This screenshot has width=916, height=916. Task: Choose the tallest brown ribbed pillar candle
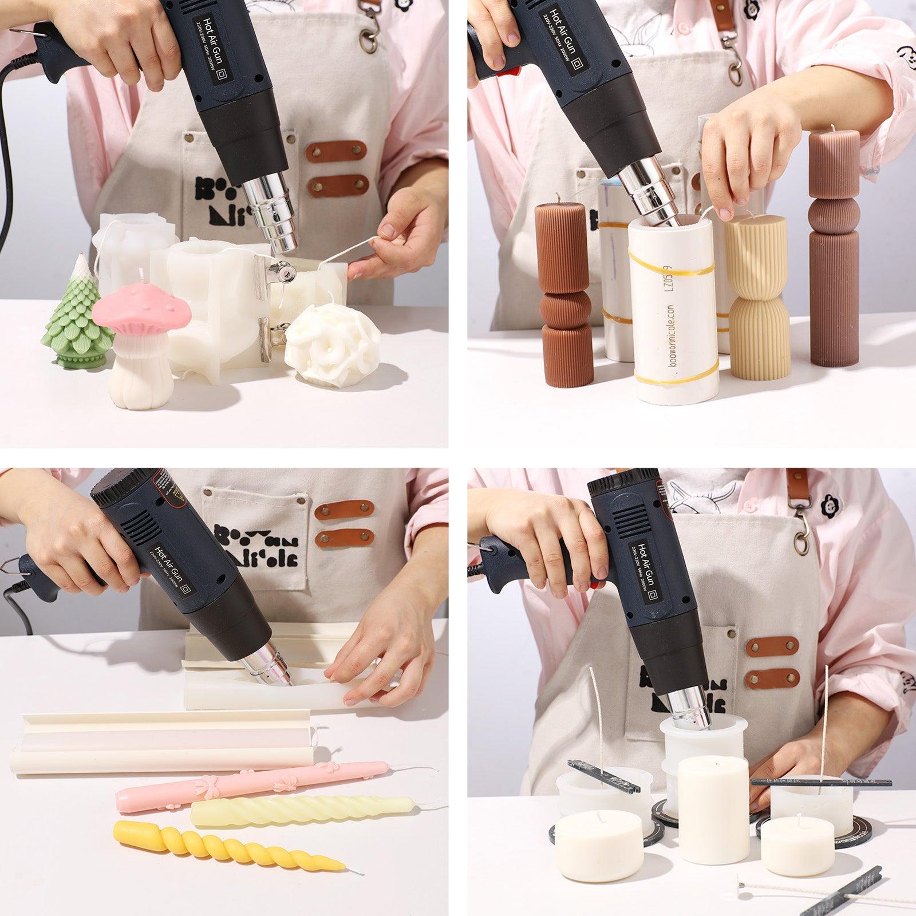point(833,246)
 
